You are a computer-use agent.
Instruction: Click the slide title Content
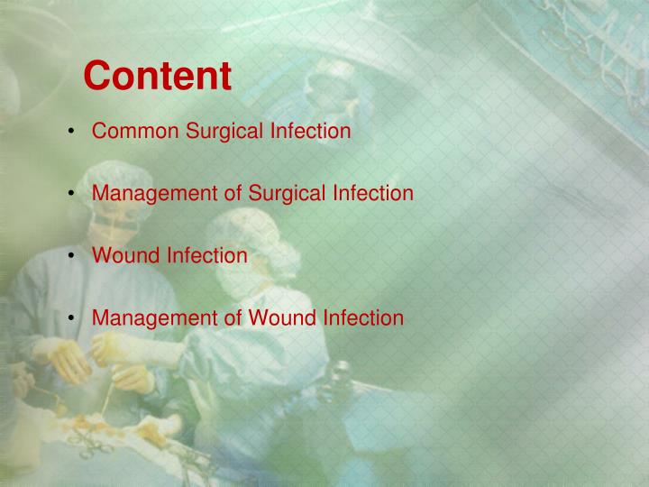click(x=158, y=76)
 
